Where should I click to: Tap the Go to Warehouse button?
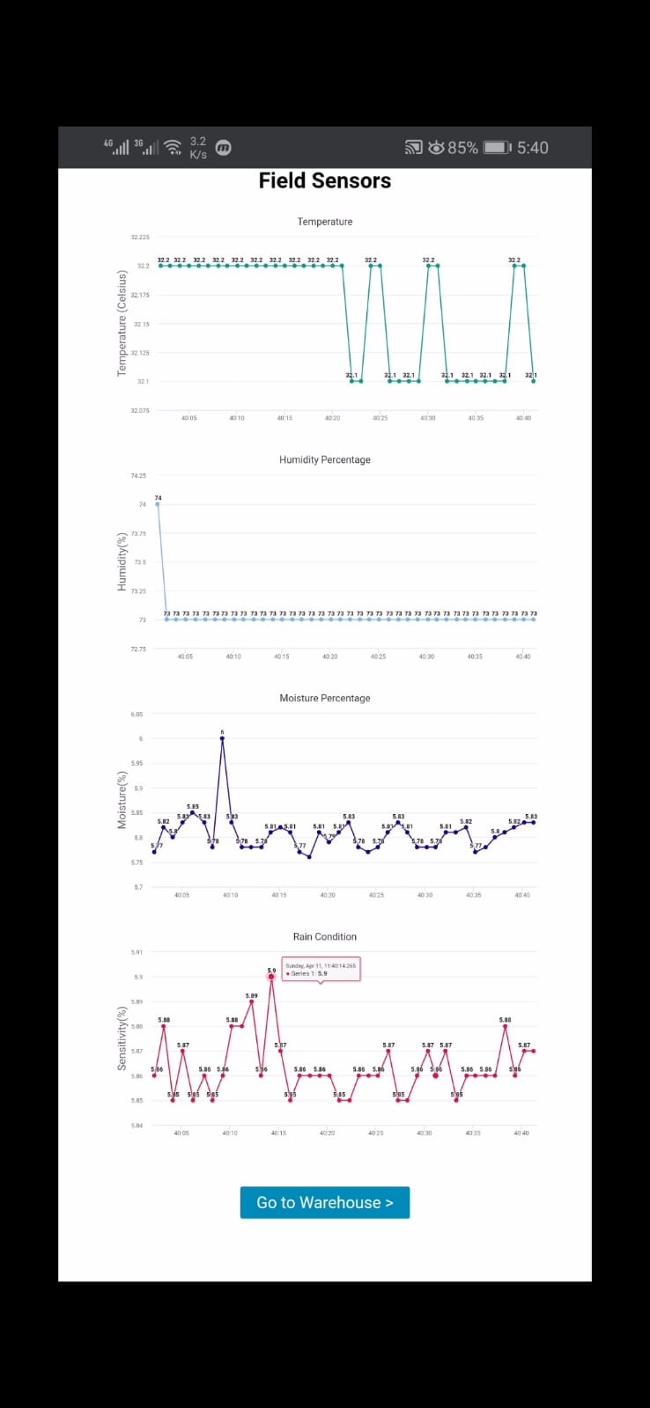(x=324, y=1202)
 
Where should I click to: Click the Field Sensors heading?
(x=324, y=180)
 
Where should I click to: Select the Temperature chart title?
(x=324, y=222)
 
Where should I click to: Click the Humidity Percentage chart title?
(x=324, y=459)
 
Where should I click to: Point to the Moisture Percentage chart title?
(x=324, y=698)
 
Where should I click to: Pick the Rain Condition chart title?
(x=324, y=936)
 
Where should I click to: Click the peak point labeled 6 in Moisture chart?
(x=222, y=738)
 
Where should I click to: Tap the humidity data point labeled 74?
(x=158, y=504)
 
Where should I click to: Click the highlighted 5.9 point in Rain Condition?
(x=271, y=977)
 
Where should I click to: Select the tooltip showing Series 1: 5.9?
(x=321, y=969)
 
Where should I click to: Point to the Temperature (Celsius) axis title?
(x=122, y=324)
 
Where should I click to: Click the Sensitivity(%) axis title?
(x=122, y=1038)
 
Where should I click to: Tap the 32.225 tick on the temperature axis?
(x=140, y=237)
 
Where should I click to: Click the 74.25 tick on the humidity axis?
(x=138, y=475)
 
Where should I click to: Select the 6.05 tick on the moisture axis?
(x=137, y=715)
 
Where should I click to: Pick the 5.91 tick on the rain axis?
(x=137, y=952)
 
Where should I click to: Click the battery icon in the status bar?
(x=497, y=147)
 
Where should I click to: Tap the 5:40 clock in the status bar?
(x=532, y=147)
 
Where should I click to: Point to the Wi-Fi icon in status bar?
(x=174, y=147)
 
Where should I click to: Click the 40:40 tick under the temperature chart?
(x=523, y=418)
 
